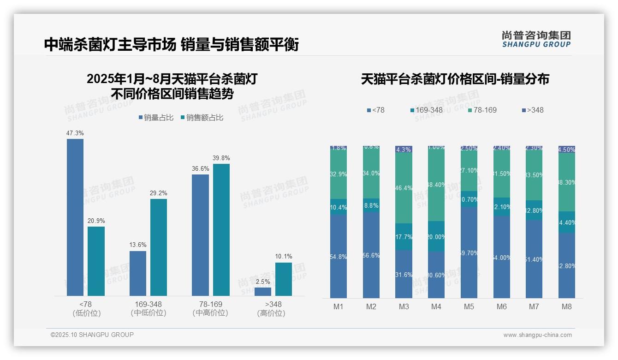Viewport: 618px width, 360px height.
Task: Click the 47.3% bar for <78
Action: tap(75, 217)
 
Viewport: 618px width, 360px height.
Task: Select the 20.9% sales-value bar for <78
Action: tap(96, 261)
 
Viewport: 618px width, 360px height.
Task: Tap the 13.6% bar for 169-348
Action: tap(138, 273)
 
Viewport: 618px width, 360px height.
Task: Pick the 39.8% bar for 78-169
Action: tap(221, 229)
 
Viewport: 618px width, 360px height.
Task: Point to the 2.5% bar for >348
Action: tap(263, 292)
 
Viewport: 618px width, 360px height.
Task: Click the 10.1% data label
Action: tap(284, 257)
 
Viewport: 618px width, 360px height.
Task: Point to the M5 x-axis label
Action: tap(469, 306)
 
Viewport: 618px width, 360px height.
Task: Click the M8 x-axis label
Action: tap(567, 306)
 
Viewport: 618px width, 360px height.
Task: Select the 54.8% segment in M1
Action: tap(339, 256)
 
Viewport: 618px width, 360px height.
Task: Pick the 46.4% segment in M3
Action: tap(404, 188)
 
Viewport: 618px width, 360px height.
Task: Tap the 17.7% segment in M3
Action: tap(404, 237)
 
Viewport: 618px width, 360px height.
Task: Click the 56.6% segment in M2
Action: tap(371, 255)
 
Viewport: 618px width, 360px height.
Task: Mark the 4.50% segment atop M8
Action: tap(567, 150)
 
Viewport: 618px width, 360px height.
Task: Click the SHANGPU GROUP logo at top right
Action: tap(536, 39)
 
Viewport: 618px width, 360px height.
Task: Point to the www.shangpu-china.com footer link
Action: tap(537, 335)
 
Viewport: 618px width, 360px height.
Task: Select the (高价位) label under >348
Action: tap(271, 313)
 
